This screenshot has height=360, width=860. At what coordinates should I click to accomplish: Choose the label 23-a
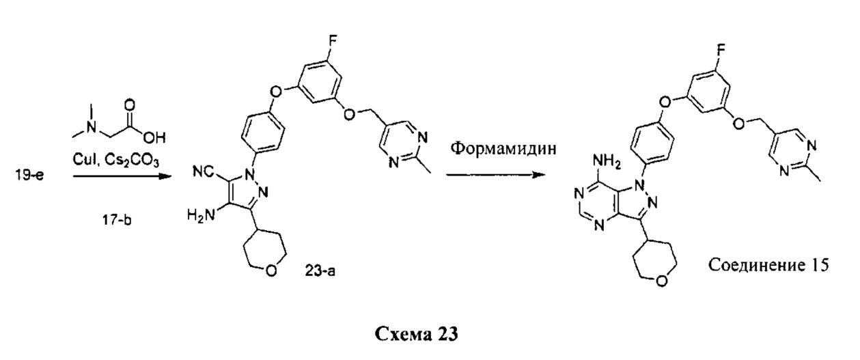click(x=320, y=273)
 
